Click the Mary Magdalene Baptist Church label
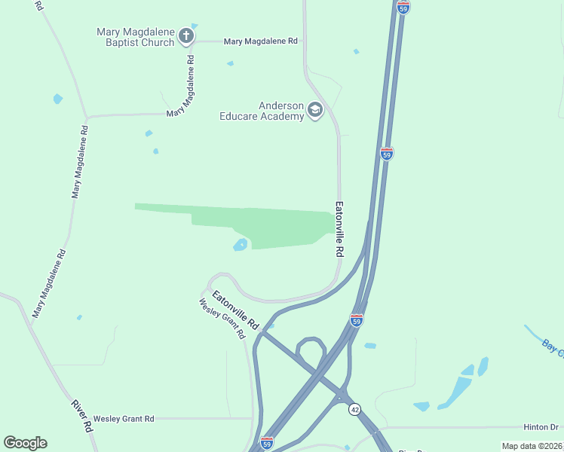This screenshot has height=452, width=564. [136, 37]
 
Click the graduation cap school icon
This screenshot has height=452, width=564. [315, 112]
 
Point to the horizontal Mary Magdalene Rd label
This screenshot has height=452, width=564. [261, 41]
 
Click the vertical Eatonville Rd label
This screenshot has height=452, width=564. [340, 228]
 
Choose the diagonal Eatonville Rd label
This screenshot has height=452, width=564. [235, 309]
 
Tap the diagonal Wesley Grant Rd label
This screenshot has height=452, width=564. [223, 319]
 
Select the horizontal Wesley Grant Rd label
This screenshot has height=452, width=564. [124, 418]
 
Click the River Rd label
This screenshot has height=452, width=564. [81, 415]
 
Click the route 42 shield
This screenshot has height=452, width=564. [354, 409]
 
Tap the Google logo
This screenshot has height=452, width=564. [25, 443]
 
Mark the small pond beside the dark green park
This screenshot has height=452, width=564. [241, 245]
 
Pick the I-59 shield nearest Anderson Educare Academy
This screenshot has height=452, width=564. [387, 154]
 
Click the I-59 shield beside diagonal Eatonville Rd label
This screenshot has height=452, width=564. [357, 320]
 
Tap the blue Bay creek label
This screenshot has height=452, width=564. [553, 347]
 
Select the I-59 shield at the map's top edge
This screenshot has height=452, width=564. [403, 7]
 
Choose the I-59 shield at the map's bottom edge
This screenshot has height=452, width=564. [266, 444]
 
